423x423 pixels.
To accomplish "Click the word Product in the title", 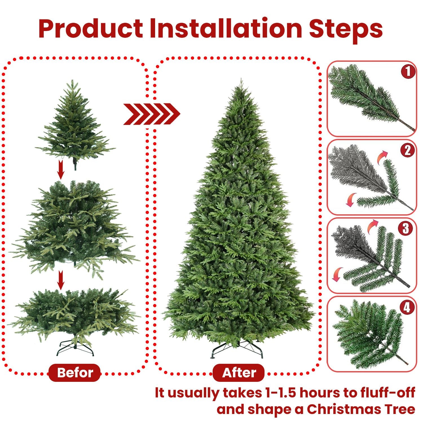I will click(x=91, y=29).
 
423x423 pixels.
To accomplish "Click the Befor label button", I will click(x=75, y=373).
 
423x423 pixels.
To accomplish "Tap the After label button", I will click(x=239, y=373).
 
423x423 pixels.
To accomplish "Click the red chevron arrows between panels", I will click(x=151, y=114).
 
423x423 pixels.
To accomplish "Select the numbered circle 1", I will click(x=408, y=72).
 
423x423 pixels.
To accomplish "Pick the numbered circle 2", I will click(x=407, y=150).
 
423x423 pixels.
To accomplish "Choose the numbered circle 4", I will click(x=407, y=307).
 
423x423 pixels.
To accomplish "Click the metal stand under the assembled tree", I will click(x=237, y=349).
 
